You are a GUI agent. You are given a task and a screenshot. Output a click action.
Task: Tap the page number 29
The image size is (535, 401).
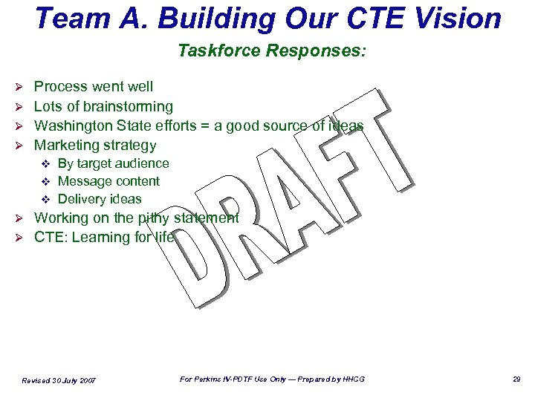pyautogui.click(x=516, y=379)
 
